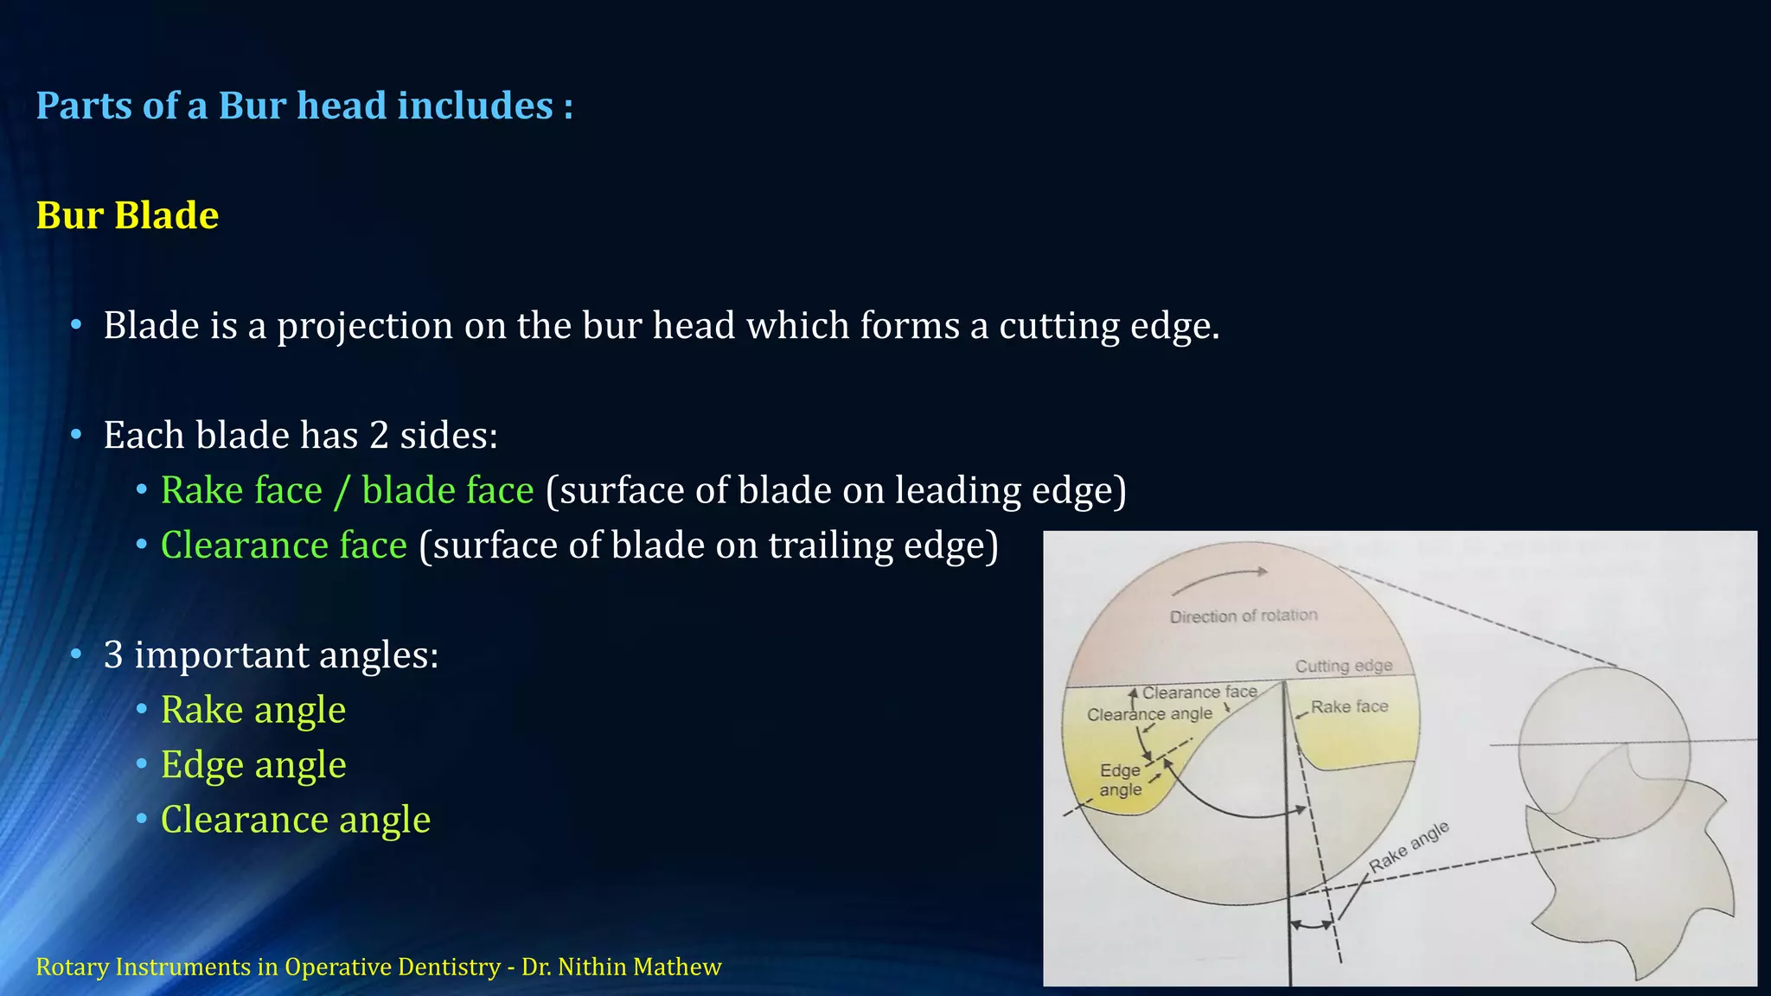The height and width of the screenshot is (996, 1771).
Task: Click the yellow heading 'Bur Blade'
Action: [x=127, y=215]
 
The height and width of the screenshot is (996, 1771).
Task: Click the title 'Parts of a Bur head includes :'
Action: [x=304, y=105]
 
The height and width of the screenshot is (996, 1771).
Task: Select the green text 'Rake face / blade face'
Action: [x=347, y=490]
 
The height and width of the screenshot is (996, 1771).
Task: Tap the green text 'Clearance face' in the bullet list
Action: [x=284, y=546]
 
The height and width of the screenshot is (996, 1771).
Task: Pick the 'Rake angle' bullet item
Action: [x=253, y=710]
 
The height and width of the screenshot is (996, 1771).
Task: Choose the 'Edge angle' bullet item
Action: [x=253, y=765]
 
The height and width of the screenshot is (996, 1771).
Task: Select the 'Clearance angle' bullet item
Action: [x=295, y=820]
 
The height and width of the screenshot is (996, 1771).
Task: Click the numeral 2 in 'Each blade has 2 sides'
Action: [x=379, y=435]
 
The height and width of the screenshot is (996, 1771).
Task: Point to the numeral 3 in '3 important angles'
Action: [x=113, y=654]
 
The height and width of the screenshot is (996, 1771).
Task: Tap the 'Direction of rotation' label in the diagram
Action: [x=1244, y=616]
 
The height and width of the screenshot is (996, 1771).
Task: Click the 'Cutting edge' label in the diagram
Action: [x=1344, y=666]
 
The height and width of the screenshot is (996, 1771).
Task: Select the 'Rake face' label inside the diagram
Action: [x=1349, y=707]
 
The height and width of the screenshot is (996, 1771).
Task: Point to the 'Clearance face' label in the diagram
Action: [x=1199, y=693]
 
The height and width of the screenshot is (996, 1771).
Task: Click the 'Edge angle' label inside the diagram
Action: [x=1121, y=780]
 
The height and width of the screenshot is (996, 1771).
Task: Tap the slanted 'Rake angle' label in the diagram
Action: [x=1409, y=846]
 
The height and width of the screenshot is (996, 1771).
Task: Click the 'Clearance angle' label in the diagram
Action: [x=1149, y=714]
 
